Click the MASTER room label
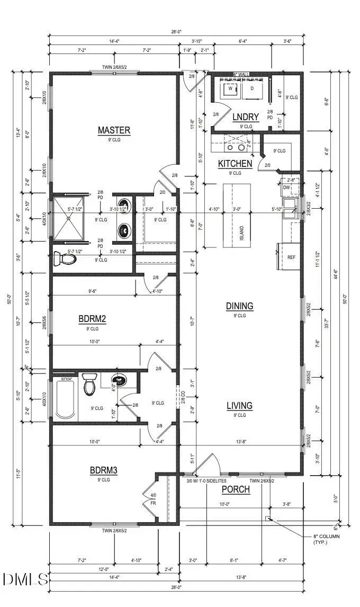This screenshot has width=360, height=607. pos(114,130)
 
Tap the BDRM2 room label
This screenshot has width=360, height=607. pos(92,319)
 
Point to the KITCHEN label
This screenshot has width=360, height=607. pos(235,164)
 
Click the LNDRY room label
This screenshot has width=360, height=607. pos(246,117)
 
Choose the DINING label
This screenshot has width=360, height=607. pos(239,306)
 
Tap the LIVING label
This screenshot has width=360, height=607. pos(239,406)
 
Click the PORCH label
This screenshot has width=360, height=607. pos(236,489)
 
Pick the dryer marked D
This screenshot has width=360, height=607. pos(252,89)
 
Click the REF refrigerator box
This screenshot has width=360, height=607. pos(291,257)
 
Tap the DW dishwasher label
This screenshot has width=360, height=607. pos(286,188)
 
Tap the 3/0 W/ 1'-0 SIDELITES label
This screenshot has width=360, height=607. pos(205,480)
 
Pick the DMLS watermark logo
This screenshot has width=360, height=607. pos(25,579)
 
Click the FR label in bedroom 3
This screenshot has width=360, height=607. pos(154,503)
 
